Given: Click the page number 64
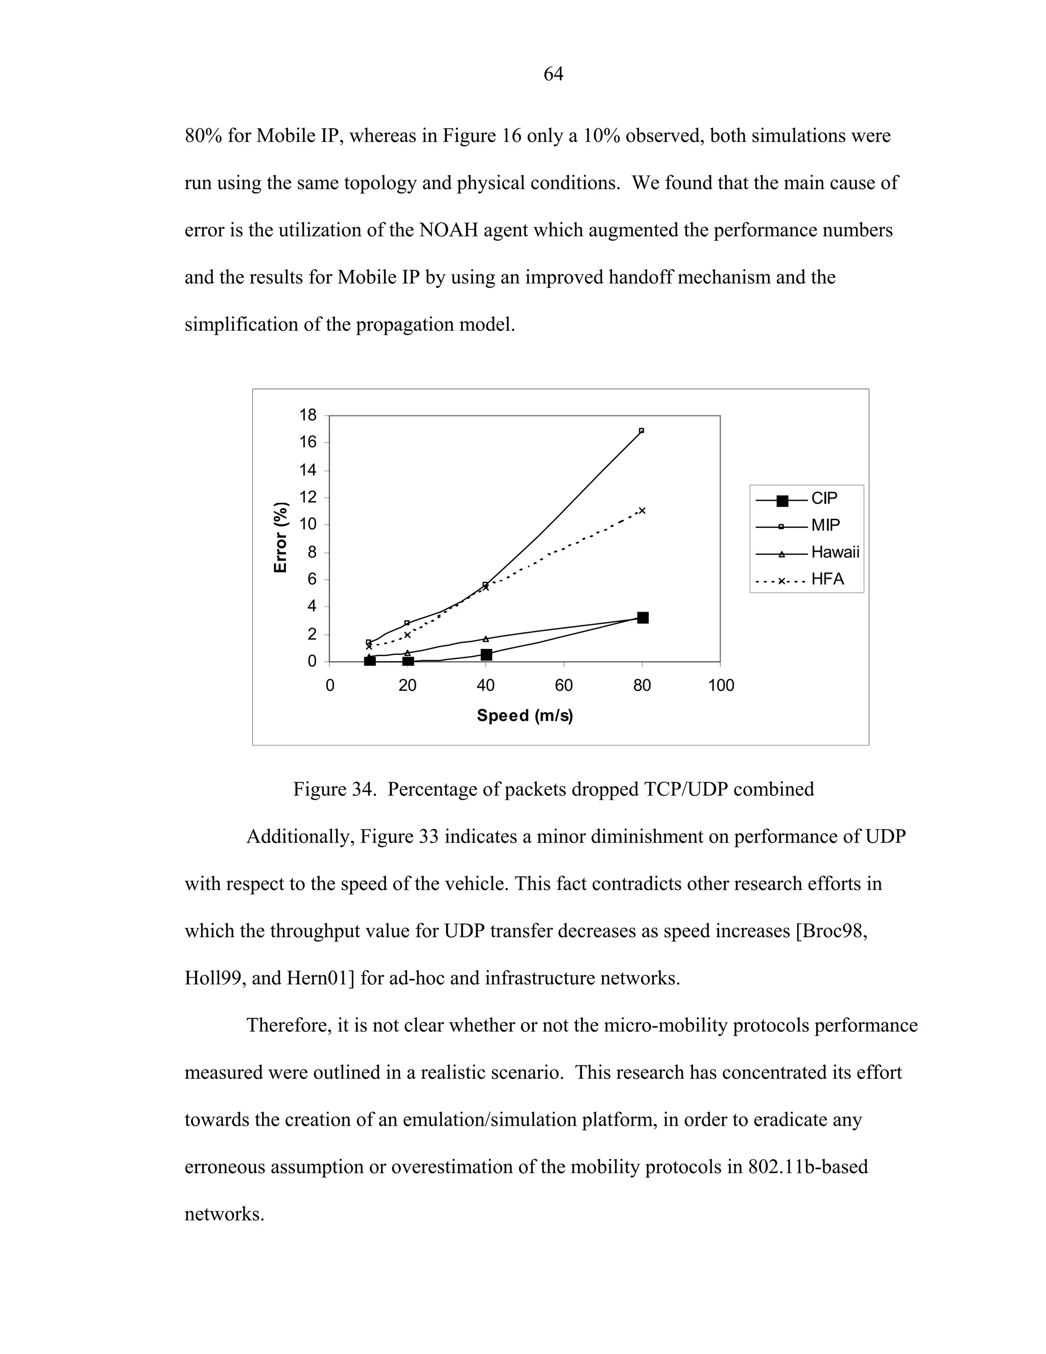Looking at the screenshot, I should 553,75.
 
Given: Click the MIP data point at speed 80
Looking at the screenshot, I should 641,430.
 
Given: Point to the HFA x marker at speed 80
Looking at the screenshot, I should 642,511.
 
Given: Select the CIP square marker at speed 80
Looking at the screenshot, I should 643,618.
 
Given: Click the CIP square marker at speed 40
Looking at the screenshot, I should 486,655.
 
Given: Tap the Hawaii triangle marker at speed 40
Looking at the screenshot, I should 486,639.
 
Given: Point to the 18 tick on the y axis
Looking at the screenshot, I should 307,415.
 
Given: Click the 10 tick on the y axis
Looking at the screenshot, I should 307,525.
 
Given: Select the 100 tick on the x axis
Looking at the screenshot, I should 721,686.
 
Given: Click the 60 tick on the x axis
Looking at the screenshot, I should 564,686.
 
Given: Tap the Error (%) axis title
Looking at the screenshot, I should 281,538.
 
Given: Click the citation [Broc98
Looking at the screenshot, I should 830,931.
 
